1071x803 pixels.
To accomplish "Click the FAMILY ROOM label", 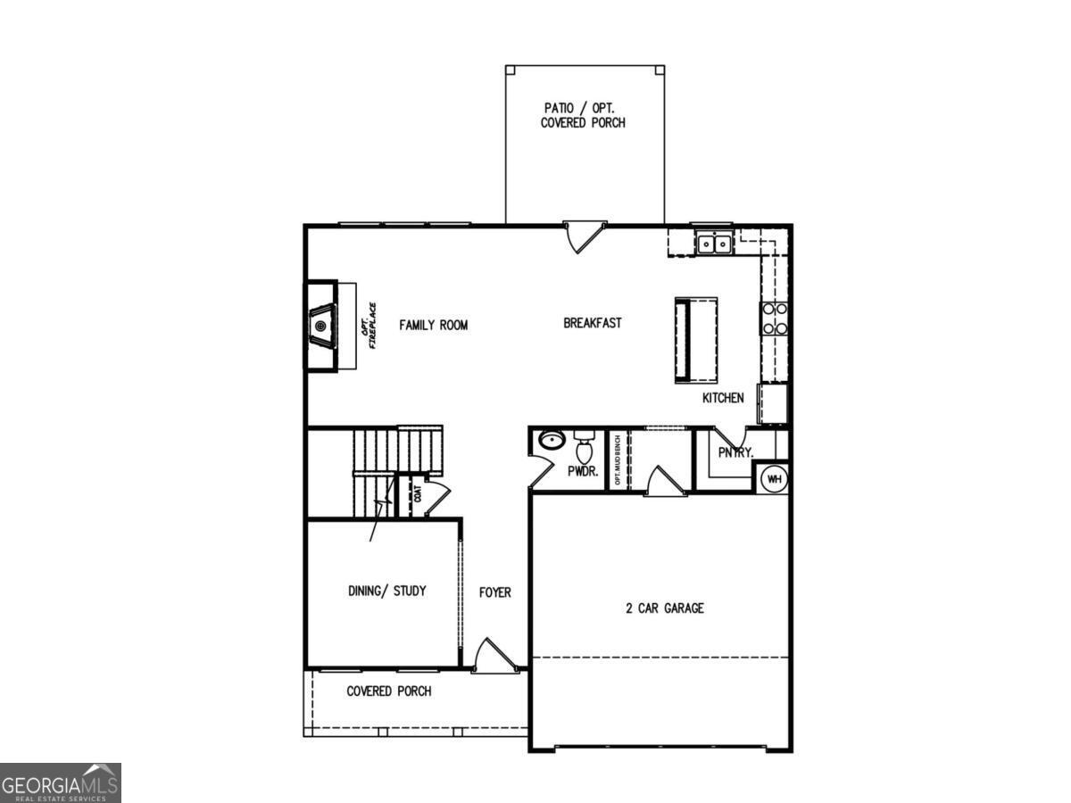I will (433, 326).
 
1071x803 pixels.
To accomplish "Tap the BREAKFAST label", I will (593, 323).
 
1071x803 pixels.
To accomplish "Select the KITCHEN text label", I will (723, 398).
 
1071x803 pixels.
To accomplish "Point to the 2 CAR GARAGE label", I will (665, 608).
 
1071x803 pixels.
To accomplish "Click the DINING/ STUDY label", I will (386, 591).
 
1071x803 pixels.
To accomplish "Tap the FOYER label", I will (495, 592).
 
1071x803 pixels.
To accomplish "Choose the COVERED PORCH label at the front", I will (389, 691).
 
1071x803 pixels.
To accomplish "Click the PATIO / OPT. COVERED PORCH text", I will (583, 115).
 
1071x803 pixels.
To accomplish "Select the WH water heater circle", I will (774, 478).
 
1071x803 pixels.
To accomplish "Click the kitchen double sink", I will (714, 242).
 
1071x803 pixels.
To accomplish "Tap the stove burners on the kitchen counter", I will (774, 319).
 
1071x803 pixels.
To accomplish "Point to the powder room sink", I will (552, 440).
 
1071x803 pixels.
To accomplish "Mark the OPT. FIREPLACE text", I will (367, 326).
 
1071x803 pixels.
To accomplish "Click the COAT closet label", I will (416, 493).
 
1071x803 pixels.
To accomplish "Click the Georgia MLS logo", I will (61, 782).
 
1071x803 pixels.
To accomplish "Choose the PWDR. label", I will (583, 471).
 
